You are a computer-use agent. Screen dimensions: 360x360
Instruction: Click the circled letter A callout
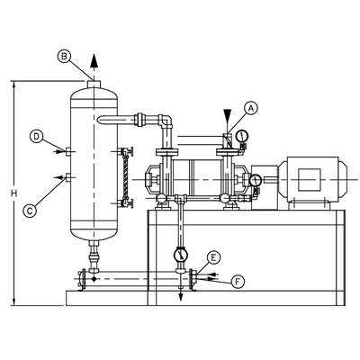[251, 107]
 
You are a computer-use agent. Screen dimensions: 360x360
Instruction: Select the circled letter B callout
[65, 56]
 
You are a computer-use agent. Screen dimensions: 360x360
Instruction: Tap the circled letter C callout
[30, 211]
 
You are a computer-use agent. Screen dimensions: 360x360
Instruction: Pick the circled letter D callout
[35, 137]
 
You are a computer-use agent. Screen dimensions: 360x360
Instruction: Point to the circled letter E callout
[213, 258]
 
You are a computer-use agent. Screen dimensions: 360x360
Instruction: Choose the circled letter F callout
[238, 282]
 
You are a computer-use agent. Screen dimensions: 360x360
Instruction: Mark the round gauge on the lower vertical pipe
[183, 255]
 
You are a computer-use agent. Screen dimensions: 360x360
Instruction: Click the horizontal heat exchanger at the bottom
[135, 279]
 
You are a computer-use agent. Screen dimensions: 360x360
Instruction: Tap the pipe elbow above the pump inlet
[162, 121]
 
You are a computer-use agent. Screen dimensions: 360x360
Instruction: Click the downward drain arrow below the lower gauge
[183, 295]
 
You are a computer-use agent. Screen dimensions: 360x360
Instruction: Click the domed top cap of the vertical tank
[93, 86]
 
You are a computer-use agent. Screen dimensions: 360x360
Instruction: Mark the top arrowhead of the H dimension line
[13, 84]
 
